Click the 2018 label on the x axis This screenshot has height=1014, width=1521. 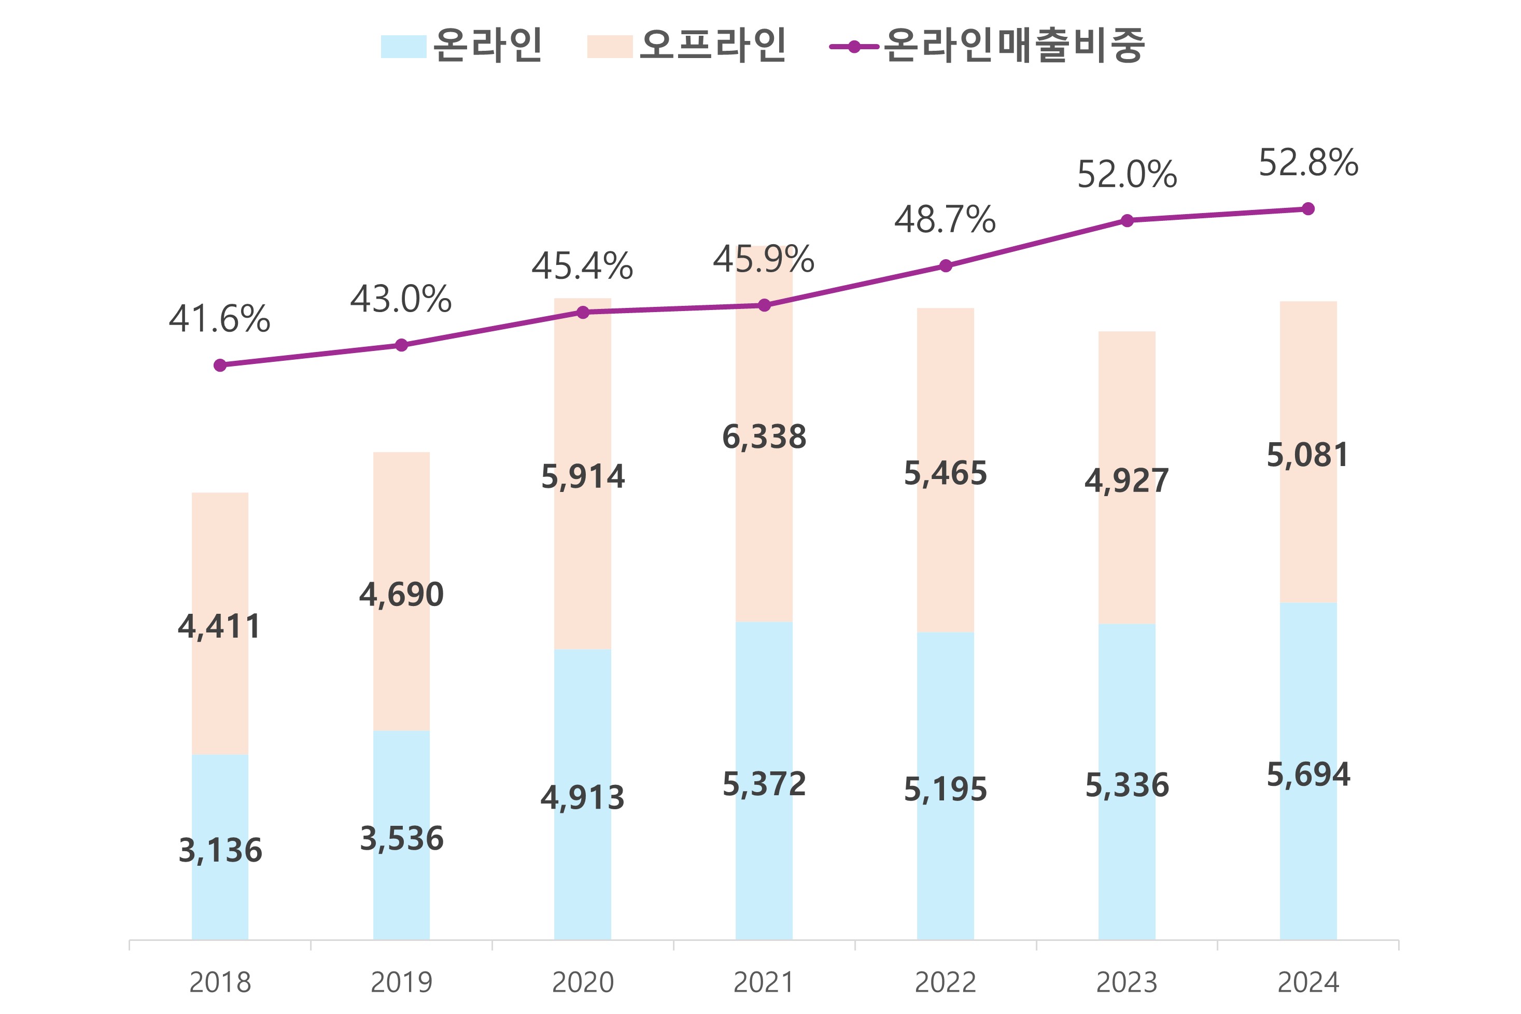[x=220, y=983]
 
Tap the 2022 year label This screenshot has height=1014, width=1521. [x=945, y=983]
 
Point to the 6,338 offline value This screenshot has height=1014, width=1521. [x=764, y=437]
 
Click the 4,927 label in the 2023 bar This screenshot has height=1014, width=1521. [x=1126, y=481]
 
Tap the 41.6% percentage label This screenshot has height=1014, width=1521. [x=219, y=319]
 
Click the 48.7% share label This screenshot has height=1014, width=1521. [x=945, y=220]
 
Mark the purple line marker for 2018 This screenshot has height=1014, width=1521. [x=220, y=365]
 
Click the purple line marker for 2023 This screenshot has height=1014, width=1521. [x=1126, y=220]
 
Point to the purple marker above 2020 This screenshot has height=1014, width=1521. [x=583, y=313]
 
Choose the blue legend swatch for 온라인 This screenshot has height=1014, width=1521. [x=403, y=47]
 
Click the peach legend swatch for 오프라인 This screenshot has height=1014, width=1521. [x=609, y=47]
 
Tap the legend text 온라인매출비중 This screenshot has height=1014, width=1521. [x=1013, y=45]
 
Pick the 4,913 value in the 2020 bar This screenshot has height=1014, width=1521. [x=583, y=798]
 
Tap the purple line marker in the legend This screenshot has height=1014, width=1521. [x=854, y=47]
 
